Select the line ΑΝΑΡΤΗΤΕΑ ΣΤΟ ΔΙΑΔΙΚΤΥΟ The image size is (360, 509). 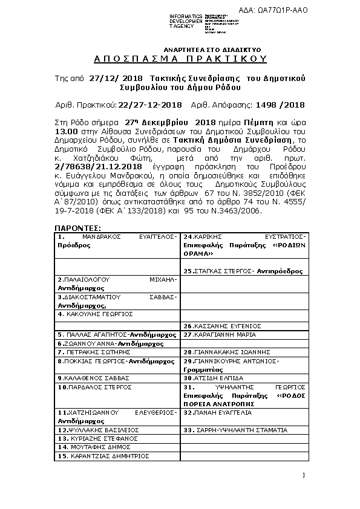pyautogui.click(x=204, y=48)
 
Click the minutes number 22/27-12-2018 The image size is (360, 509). pyautogui.click(x=150, y=104)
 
